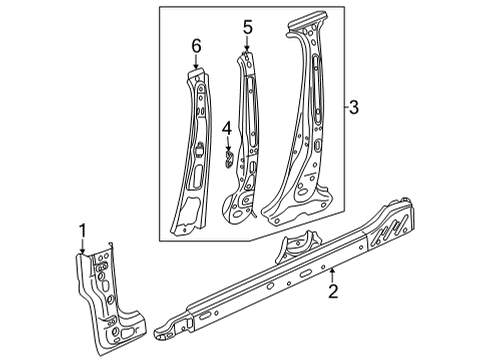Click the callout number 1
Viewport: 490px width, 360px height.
click(82, 231)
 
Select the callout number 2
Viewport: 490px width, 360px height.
click(333, 291)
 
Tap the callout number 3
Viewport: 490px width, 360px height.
click(354, 107)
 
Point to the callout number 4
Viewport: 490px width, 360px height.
click(227, 129)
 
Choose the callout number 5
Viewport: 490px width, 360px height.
click(248, 27)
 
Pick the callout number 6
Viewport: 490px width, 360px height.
click(196, 46)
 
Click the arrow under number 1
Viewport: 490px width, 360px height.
click(82, 248)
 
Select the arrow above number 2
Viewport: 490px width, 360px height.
click(332, 275)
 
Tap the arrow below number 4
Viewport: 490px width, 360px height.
click(228, 143)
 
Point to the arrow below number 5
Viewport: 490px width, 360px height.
click(247, 43)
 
